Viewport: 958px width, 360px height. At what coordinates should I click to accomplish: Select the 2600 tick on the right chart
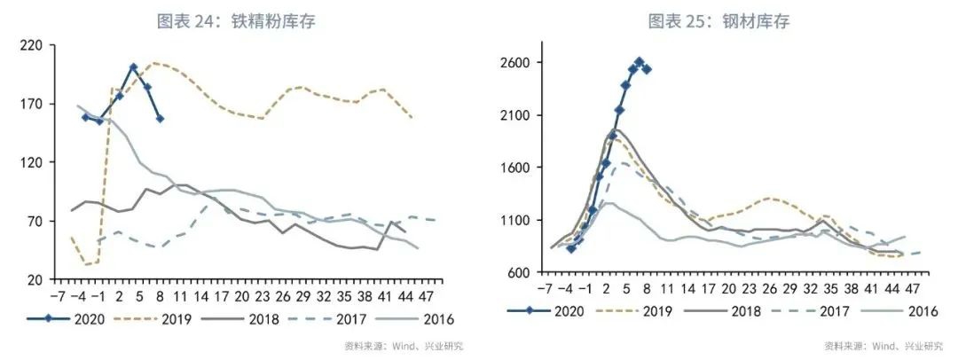(x=514, y=63)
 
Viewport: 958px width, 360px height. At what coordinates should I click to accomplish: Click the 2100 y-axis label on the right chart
(x=514, y=115)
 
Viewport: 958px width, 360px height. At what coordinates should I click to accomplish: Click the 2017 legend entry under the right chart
(x=821, y=310)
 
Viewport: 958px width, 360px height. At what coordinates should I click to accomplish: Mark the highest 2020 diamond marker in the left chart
(x=133, y=67)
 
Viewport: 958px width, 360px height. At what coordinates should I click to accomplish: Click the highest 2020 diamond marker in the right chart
(x=639, y=62)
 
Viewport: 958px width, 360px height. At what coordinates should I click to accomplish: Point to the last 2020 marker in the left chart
(x=160, y=118)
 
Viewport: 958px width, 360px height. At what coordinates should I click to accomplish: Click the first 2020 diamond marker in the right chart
(x=570, y=248)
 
